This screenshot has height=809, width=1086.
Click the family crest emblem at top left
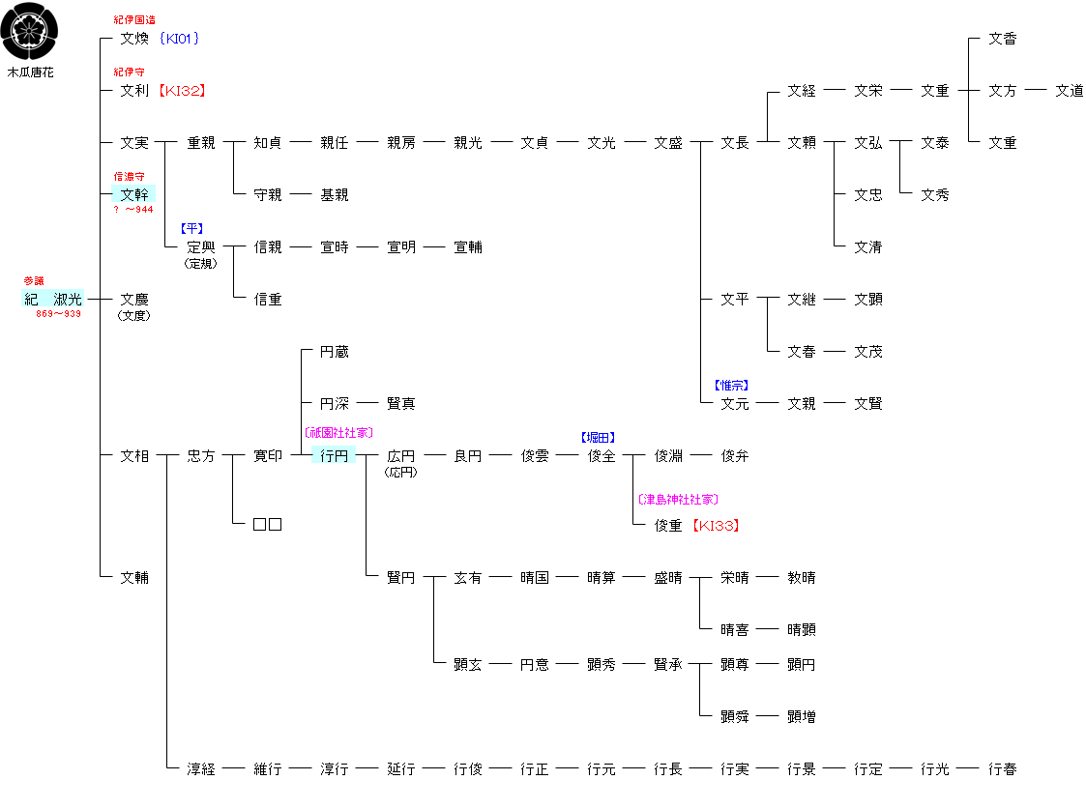(30, 31)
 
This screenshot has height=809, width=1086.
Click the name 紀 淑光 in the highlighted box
(53, 300)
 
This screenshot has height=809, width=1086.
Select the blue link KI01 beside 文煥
(181, 39)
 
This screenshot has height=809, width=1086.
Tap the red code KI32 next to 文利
(182, 91)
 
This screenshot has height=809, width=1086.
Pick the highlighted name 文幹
(134, 195)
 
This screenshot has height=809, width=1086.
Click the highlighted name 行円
(334, 456)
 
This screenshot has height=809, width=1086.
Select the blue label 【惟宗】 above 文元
(731, 386)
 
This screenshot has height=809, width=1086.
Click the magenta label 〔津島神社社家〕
(678, 500)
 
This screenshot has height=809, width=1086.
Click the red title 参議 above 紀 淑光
(34, 281)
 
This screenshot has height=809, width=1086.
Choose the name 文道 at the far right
(1069, 91)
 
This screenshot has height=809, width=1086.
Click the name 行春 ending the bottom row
(1002, 769)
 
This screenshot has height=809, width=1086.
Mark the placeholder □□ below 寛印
(267, 525)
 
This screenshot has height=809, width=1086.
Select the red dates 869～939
(59, 314)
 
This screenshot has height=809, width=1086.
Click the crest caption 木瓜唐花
(30, 72)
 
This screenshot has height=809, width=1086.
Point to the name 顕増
(801, 717)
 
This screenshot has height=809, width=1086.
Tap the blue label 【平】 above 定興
(191, 229)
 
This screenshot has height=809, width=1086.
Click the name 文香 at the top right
(1002, 39)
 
